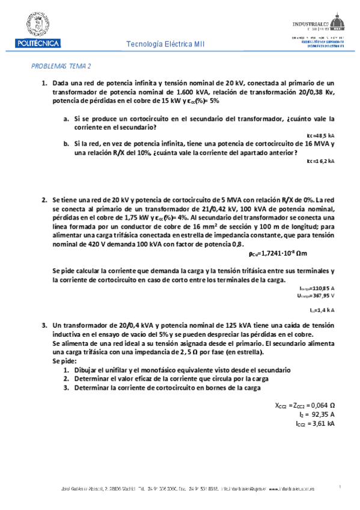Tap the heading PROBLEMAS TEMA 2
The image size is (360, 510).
coord(60,67)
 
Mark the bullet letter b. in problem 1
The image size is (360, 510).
coord(66,144)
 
